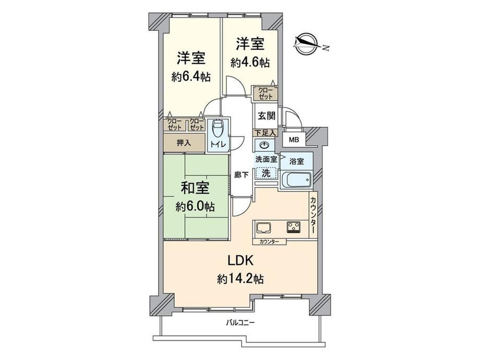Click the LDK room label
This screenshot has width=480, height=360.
coord(241,261)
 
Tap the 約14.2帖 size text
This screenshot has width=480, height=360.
coord(241,279)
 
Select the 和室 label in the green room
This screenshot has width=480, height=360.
coord(195,188)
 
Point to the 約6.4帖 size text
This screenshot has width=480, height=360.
coord(191,77)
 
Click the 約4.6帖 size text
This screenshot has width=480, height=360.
coord(250,63)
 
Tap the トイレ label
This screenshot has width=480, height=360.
coord(218,144)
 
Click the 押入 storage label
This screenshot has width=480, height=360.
coord(184,142)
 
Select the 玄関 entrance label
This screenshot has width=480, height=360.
coord(266,116)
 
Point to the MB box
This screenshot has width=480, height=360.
coord(294,140)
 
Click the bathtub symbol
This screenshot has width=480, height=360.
coord(296,179)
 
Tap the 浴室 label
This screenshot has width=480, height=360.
coord(297,161)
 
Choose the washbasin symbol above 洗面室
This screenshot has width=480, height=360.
coord(263,145)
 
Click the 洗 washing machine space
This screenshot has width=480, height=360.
coord(266,173)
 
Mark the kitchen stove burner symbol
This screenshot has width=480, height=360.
coord(294,227)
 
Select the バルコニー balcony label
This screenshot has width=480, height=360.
coord(241,322)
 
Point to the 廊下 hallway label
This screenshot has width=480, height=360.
coord(242,175)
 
